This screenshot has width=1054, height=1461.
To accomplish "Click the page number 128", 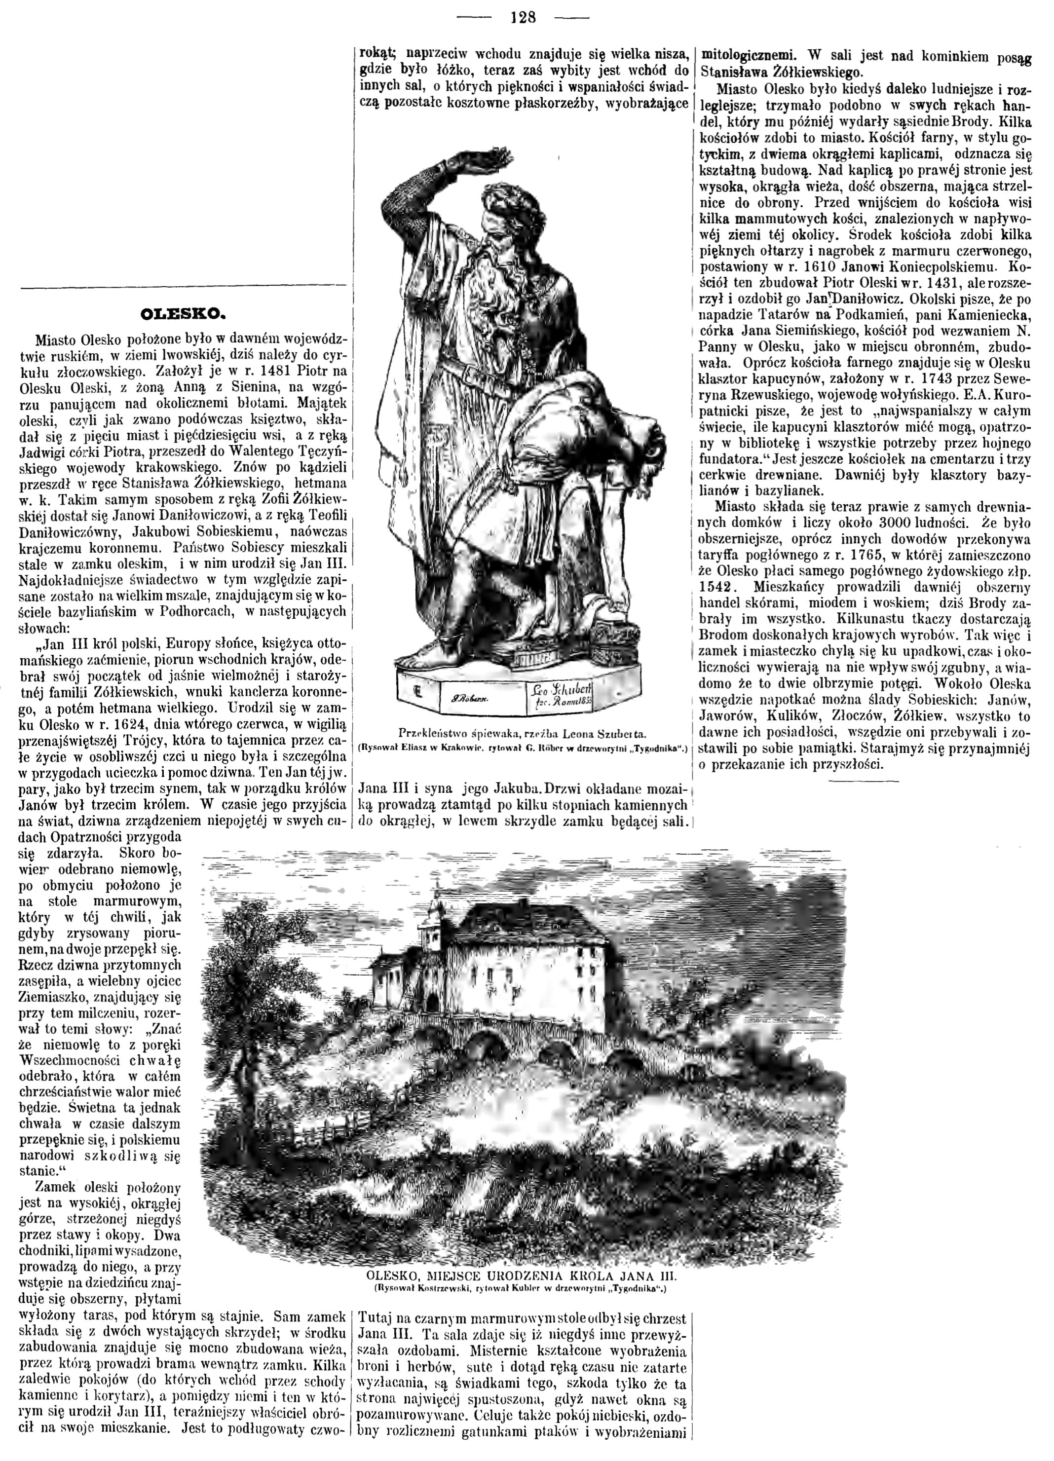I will coord(523,17).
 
